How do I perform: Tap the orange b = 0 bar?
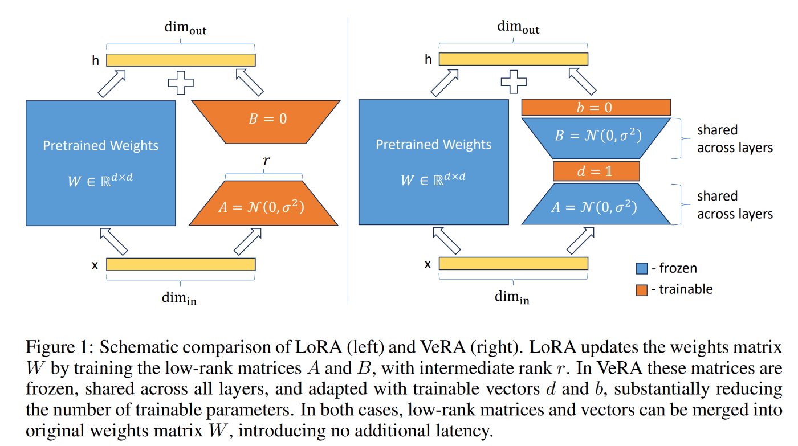tap(596, 107)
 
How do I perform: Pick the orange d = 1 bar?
tap(596, 171)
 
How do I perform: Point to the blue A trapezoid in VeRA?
tap(596, 207)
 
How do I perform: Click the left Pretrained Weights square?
tap(100, 163)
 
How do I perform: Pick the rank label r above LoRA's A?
tap(265, 162)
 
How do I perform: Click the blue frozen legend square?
tap(641, 268)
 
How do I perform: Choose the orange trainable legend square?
tap(641, 290)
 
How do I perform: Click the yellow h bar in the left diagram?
tap(181, 59)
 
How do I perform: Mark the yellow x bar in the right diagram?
tap(513, 264)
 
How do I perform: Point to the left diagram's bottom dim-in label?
tap(181, 297)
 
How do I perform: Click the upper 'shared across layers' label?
tap(735, 138)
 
